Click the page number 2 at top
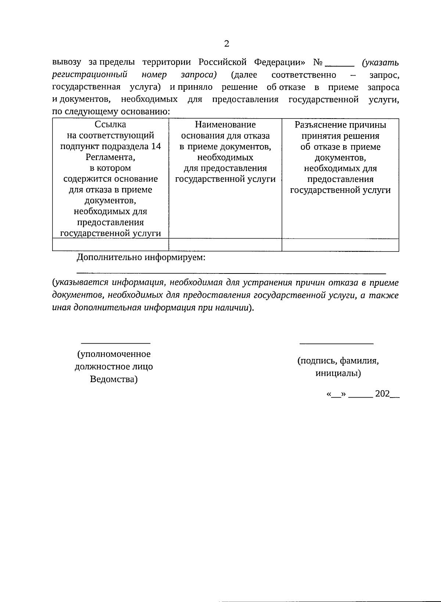[x=226, y=44]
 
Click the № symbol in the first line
[x=318, y=62]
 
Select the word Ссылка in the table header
[x=110, y=125]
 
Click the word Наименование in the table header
[x=225, y=125]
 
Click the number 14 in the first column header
[x=156, y=146]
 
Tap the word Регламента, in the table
[x=110, y=157]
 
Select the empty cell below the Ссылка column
[x=110, y=245]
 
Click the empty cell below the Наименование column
[x=225, y=245]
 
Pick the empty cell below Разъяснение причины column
[x=340, y=245]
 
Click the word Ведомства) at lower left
[x=114, y=379]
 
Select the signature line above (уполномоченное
[x=115, y=343]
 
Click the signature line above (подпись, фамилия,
[x=336, y=343]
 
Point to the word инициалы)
[x=338, y=374]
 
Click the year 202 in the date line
[x=382, y=394]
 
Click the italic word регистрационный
[x=90, y=75]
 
